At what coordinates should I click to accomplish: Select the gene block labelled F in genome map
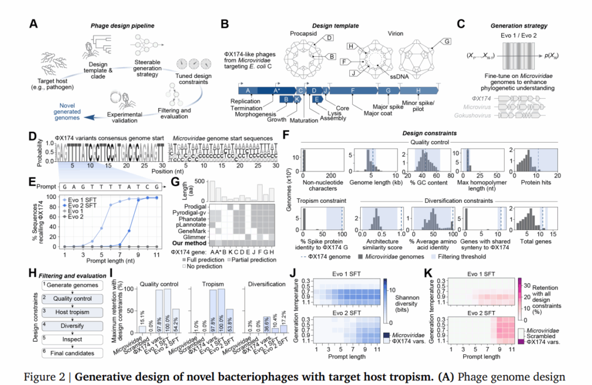coord(352,90)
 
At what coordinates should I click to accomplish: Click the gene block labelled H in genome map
coord(418,90)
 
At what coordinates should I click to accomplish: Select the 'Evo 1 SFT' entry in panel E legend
coord(81,199)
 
